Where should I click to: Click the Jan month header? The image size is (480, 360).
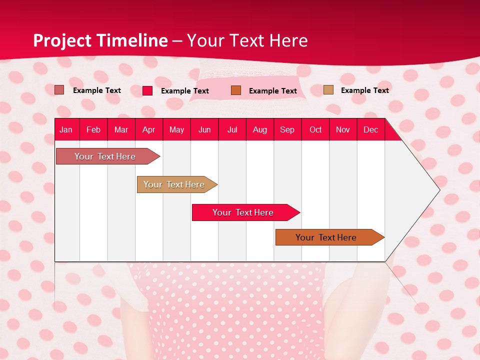click(66, 130)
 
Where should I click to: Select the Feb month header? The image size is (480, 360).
click(93, 130)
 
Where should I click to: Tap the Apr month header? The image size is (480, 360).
click(149, 130)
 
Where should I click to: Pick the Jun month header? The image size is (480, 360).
click(204, 130)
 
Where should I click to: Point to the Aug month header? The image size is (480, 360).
click(260, 130)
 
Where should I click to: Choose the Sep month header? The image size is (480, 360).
click(287, 130)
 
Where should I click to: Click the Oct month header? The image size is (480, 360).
click(315, 130)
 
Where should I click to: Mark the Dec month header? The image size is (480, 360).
click(371, 130)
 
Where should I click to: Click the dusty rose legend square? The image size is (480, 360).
click(59, 90)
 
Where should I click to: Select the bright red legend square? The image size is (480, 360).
click(147, 90)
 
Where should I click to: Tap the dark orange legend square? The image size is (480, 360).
click(236, 90)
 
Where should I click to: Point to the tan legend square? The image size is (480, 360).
click(328, 90)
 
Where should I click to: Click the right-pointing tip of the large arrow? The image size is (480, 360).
click(438, 189)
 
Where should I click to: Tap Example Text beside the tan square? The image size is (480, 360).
click(364, 90)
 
